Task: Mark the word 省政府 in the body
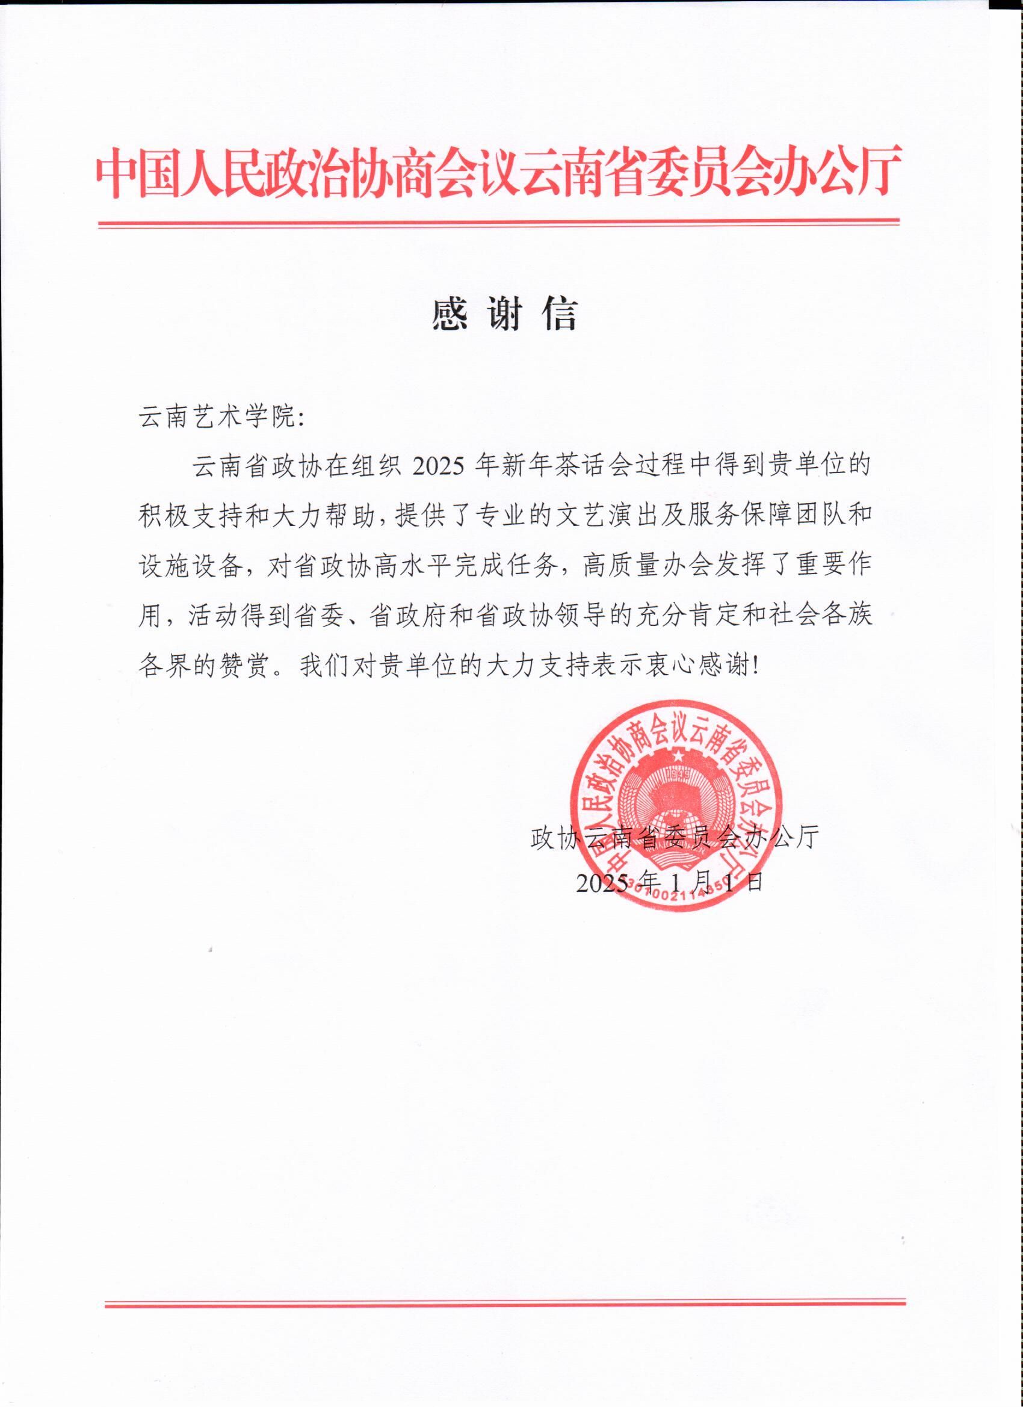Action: tap(406, 616)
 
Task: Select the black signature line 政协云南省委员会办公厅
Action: tap(675, 838)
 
